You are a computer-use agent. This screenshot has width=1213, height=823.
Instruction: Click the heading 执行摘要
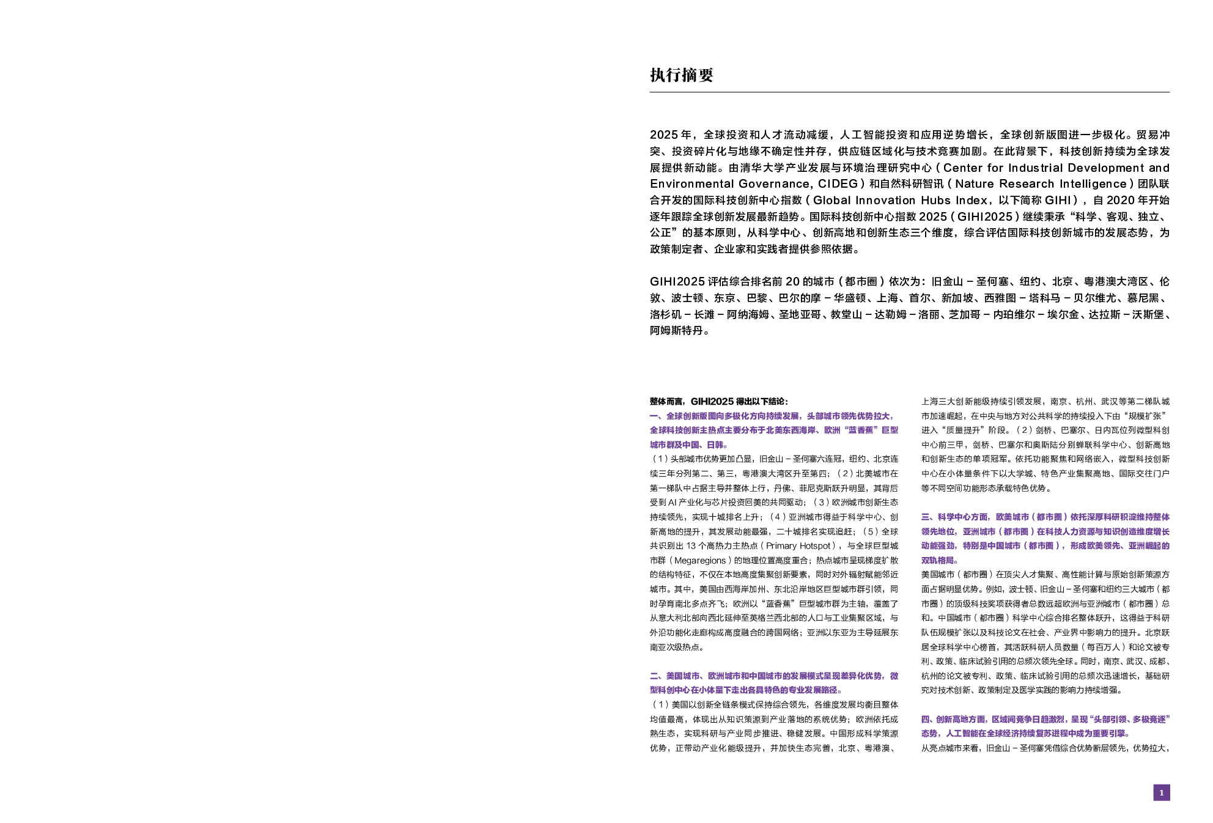pos(681,75)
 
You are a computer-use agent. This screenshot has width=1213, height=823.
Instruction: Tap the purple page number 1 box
pos(1160,793)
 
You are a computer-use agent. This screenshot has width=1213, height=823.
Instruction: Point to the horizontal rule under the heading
pos(909,93)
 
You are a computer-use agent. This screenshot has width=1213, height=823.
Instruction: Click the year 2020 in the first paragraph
pos(1123,201)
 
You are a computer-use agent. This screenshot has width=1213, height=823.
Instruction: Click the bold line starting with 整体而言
pos(718,402)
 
